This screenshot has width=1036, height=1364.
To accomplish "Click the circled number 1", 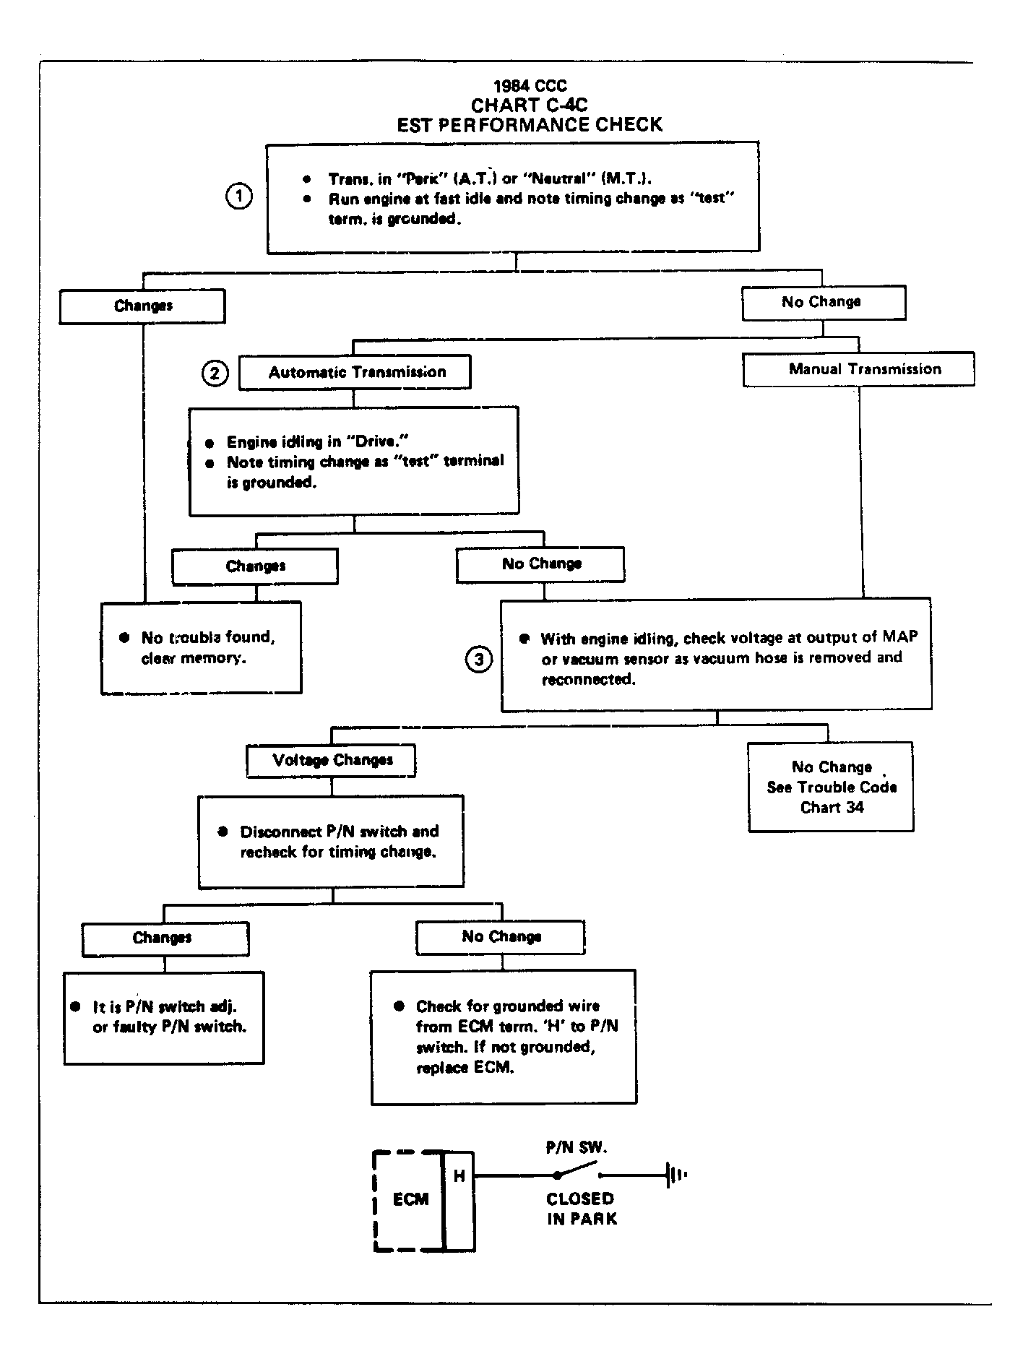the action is click(239, 197).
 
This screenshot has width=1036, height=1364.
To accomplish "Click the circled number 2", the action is click(215, 374).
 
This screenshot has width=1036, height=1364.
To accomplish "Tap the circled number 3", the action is click(479, 659).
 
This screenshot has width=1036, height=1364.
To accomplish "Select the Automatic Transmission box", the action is click(355, 372).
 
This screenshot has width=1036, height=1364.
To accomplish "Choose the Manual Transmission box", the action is click(858, 369).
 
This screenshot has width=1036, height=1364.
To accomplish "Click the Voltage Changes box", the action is click(332, 761).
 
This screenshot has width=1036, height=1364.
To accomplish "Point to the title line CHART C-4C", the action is click(529, 105).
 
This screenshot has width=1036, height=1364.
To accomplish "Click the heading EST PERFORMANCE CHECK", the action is click(530, 125).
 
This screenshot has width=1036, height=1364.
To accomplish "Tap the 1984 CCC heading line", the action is click(530, 87).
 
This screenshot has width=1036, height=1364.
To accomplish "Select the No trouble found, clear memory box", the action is click(201, 648).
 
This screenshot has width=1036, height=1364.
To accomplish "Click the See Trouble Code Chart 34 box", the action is click(831, 787).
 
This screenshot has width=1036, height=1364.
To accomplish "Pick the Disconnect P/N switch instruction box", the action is click(331, 842).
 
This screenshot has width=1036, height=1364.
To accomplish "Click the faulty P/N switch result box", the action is click(164, 1018).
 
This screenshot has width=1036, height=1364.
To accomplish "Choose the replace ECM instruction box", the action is click(504, 1037).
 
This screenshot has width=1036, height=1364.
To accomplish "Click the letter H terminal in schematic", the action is click(459, 1177).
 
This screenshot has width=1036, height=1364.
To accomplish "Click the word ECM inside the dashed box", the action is click(410, 1200).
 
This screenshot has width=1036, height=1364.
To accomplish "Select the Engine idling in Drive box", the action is click(354, 461).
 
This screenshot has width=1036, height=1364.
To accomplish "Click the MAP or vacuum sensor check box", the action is click(716, 655).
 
